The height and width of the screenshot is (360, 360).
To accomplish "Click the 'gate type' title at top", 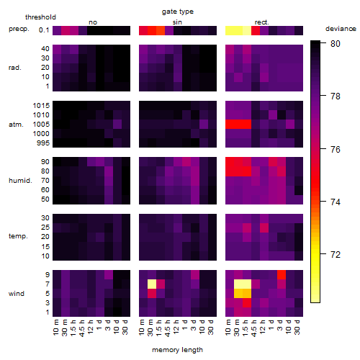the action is pos(178,12).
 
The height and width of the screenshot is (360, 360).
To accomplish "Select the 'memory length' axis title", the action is pos(177,350).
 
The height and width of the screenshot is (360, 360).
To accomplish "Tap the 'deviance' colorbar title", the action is pos(341,29).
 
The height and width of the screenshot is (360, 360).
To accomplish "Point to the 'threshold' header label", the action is pos(40,17).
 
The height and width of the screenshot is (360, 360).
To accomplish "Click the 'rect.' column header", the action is pos(262,22).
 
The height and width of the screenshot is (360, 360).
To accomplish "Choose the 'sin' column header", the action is pos(177,22).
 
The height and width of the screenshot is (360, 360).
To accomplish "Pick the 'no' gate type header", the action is pos(93,22).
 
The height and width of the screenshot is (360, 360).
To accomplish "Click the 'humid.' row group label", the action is pos(20,181).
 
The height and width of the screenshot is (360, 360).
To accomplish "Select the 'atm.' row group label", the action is pos(16,125).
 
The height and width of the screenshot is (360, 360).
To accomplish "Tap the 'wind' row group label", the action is pos(17,294).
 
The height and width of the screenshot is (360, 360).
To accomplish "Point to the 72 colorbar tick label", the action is pos(336,254).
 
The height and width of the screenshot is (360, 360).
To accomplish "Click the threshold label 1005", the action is pos(41,125).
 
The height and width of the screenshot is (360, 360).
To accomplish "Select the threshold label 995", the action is pos(43,143).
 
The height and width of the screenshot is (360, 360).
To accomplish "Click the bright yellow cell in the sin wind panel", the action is pos(152,284).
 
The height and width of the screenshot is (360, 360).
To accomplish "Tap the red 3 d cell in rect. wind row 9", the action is pos(282,274).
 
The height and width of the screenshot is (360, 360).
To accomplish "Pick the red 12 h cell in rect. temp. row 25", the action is pos(264,228).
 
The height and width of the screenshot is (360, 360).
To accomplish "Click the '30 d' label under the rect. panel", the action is pos(297,327).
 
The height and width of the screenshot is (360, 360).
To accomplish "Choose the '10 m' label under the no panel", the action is pos(55,327).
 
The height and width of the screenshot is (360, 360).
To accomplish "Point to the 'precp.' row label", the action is pos(19,29).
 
